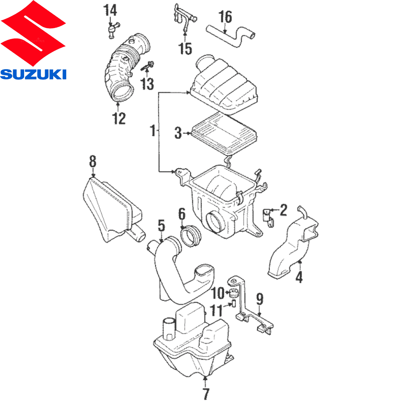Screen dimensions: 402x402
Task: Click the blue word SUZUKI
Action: (33, 74)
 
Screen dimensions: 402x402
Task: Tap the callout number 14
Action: (110, 10)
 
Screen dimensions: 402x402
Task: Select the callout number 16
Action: (225, 17)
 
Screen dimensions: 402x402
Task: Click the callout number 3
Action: (179, 133)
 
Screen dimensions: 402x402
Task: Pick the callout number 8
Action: (93, 162)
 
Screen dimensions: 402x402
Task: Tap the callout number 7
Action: (206, 393)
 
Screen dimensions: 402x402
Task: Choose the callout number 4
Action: (299, 277)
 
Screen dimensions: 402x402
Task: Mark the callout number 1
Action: (152, 131)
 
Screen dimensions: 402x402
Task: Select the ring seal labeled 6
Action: (191, 237)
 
